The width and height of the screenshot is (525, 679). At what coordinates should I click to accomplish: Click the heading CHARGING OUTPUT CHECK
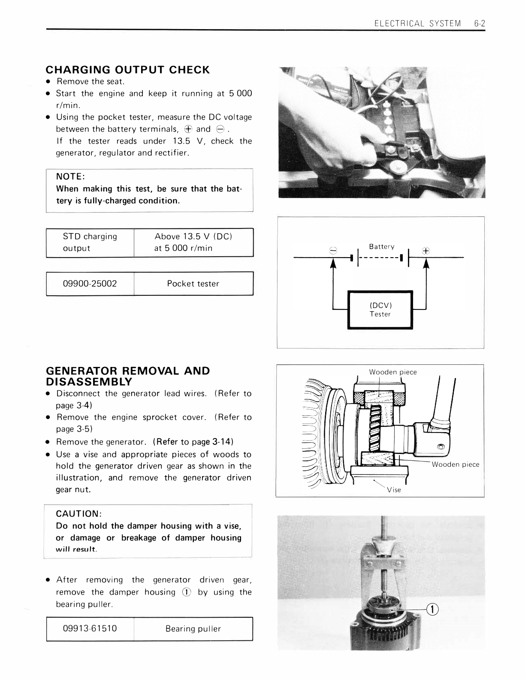pyautogui.click(x=127, y=69)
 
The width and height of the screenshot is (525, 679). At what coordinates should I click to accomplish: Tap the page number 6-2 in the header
pyautogui.click(x=480, y=24)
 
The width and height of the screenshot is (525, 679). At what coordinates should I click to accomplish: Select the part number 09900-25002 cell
pyautogui.click(x=90, y=283)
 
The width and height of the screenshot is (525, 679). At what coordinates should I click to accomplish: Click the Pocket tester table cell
pyautogui.click(x=193, y=283)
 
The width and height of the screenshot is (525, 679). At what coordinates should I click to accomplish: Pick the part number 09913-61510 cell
pyautogui.click(x=90, y=628)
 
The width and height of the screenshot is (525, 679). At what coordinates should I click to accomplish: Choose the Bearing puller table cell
pyautogui.click(x=193, y=628)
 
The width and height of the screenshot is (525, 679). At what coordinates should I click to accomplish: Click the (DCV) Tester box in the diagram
pyautogui.click(x=380, y=309)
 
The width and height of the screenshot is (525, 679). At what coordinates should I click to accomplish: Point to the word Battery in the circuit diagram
pyautogui.click(x=381, y=246)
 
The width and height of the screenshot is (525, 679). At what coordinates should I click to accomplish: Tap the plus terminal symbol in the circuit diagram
pyautogui.click(x=426, y=251)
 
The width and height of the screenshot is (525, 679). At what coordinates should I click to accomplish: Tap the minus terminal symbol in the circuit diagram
pyautogui.click(x=333, y=251)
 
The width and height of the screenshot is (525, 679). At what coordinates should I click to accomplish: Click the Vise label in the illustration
pyautogui.click(x=394, y=490)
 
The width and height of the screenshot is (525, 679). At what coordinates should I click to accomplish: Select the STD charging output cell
pyautogui.click(x=90, y=242)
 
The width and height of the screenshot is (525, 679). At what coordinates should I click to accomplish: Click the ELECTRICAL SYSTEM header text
pyautogui.click(x=417, y=24)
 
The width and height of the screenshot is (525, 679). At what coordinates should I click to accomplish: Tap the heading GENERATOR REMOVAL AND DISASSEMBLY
pyautogui.click(x=127, y=376)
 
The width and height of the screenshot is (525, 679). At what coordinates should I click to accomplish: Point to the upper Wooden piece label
pyautogui.click(x=392, y=372)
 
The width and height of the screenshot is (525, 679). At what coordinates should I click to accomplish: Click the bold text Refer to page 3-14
pyautogui.click(x=193, y=442)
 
